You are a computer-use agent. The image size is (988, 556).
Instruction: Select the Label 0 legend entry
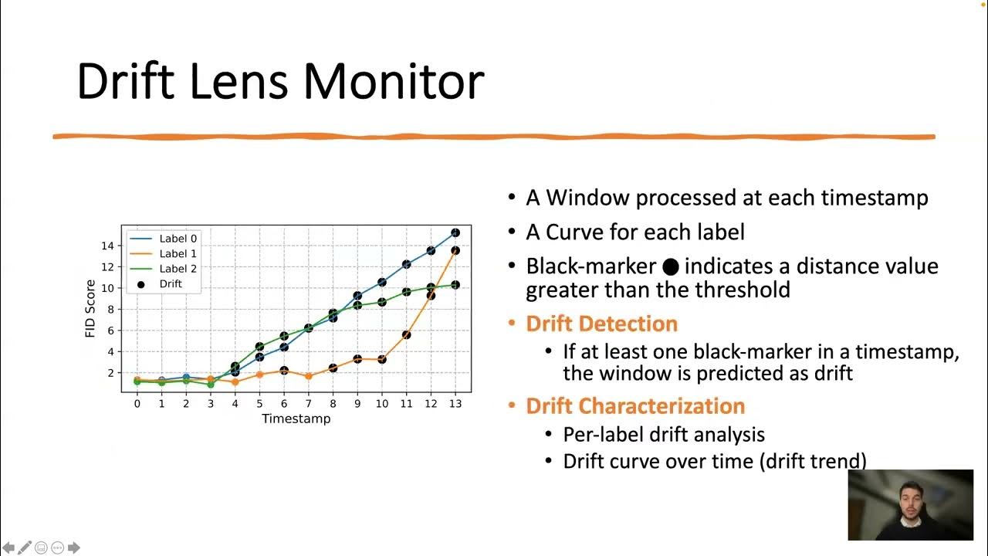178,239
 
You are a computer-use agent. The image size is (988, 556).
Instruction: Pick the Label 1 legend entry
178,253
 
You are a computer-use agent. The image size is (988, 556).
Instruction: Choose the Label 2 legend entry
178,269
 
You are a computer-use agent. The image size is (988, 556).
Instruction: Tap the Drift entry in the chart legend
170,284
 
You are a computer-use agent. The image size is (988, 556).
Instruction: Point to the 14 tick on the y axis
107,246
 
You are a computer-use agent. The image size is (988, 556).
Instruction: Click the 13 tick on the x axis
455,404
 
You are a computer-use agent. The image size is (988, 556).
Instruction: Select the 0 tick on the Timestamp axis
137,404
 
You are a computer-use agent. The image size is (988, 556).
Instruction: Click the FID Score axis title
90,308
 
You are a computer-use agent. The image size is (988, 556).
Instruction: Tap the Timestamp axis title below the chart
296,419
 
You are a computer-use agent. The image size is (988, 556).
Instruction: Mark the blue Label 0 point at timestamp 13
455,232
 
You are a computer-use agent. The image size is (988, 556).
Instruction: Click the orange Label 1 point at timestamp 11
406,334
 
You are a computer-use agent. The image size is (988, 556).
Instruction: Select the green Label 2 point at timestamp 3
210,384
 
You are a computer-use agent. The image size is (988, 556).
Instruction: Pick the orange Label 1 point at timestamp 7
308,376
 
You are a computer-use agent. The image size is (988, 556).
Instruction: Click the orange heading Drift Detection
601,324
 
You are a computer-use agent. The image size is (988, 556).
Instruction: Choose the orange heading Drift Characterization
635,406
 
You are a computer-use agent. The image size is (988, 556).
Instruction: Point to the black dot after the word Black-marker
670,267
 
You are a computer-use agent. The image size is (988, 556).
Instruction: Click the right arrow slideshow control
74,548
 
